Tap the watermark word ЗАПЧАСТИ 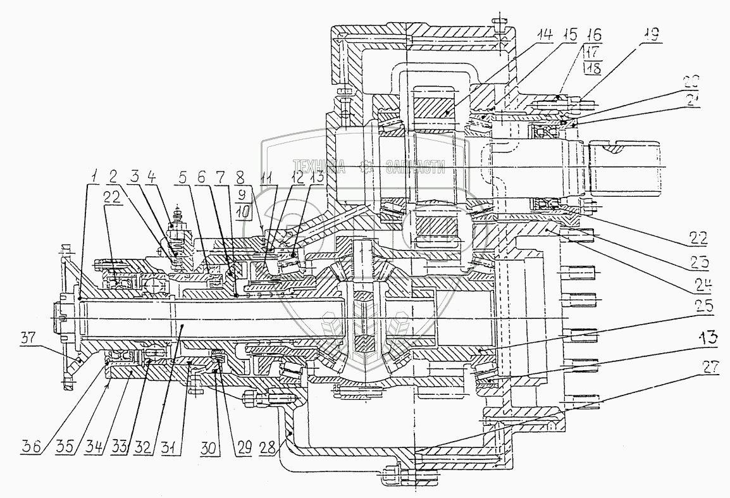tap(414, 167)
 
